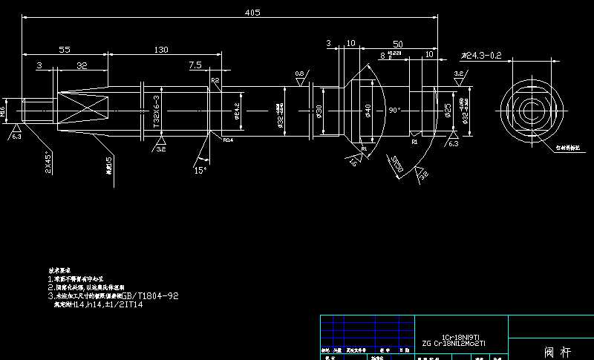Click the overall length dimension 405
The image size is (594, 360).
[x=252, y=12]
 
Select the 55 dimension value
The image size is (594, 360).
[x=64, y=49]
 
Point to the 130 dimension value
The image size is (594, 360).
[x=160, y=49]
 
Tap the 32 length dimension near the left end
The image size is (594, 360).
[x=82, y=65]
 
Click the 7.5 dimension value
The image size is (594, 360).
[x=195, y=65]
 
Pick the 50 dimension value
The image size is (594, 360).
[x=398, y=45]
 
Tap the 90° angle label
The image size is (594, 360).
[x=394, y=110]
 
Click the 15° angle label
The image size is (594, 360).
[x=198, y=170]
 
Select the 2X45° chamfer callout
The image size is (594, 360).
[x=48, y=163]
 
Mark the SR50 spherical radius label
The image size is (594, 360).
[x=397, y=166]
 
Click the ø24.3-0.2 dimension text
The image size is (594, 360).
[x=481, y=56]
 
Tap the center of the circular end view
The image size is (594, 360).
[x=529, y=110]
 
